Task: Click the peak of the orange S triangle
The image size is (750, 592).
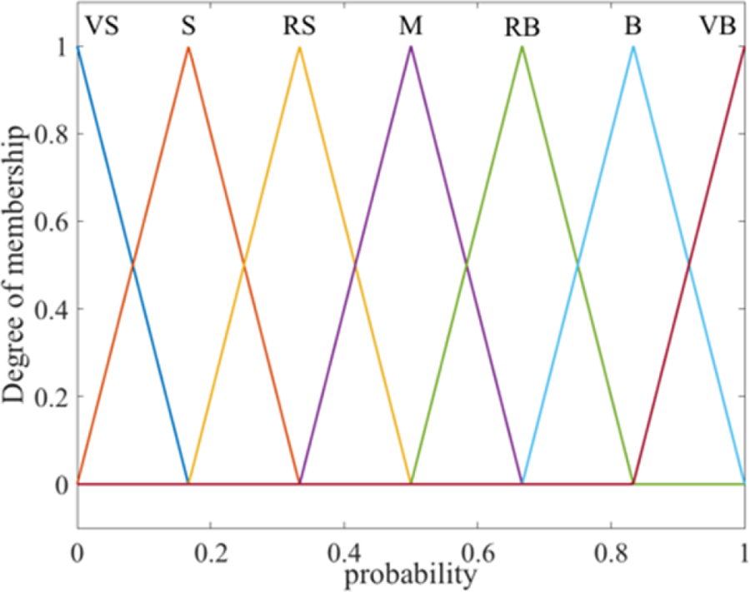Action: [188, 47]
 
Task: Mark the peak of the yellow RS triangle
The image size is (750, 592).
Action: [299, 47]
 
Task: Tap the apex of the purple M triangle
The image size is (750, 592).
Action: [411, 47]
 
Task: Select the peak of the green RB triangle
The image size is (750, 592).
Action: [522, 47]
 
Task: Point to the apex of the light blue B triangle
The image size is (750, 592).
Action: [633, 47]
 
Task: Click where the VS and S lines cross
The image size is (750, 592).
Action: [132, 266]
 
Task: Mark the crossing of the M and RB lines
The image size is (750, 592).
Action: [467, 266]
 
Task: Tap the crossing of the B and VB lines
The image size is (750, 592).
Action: [689, 266]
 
